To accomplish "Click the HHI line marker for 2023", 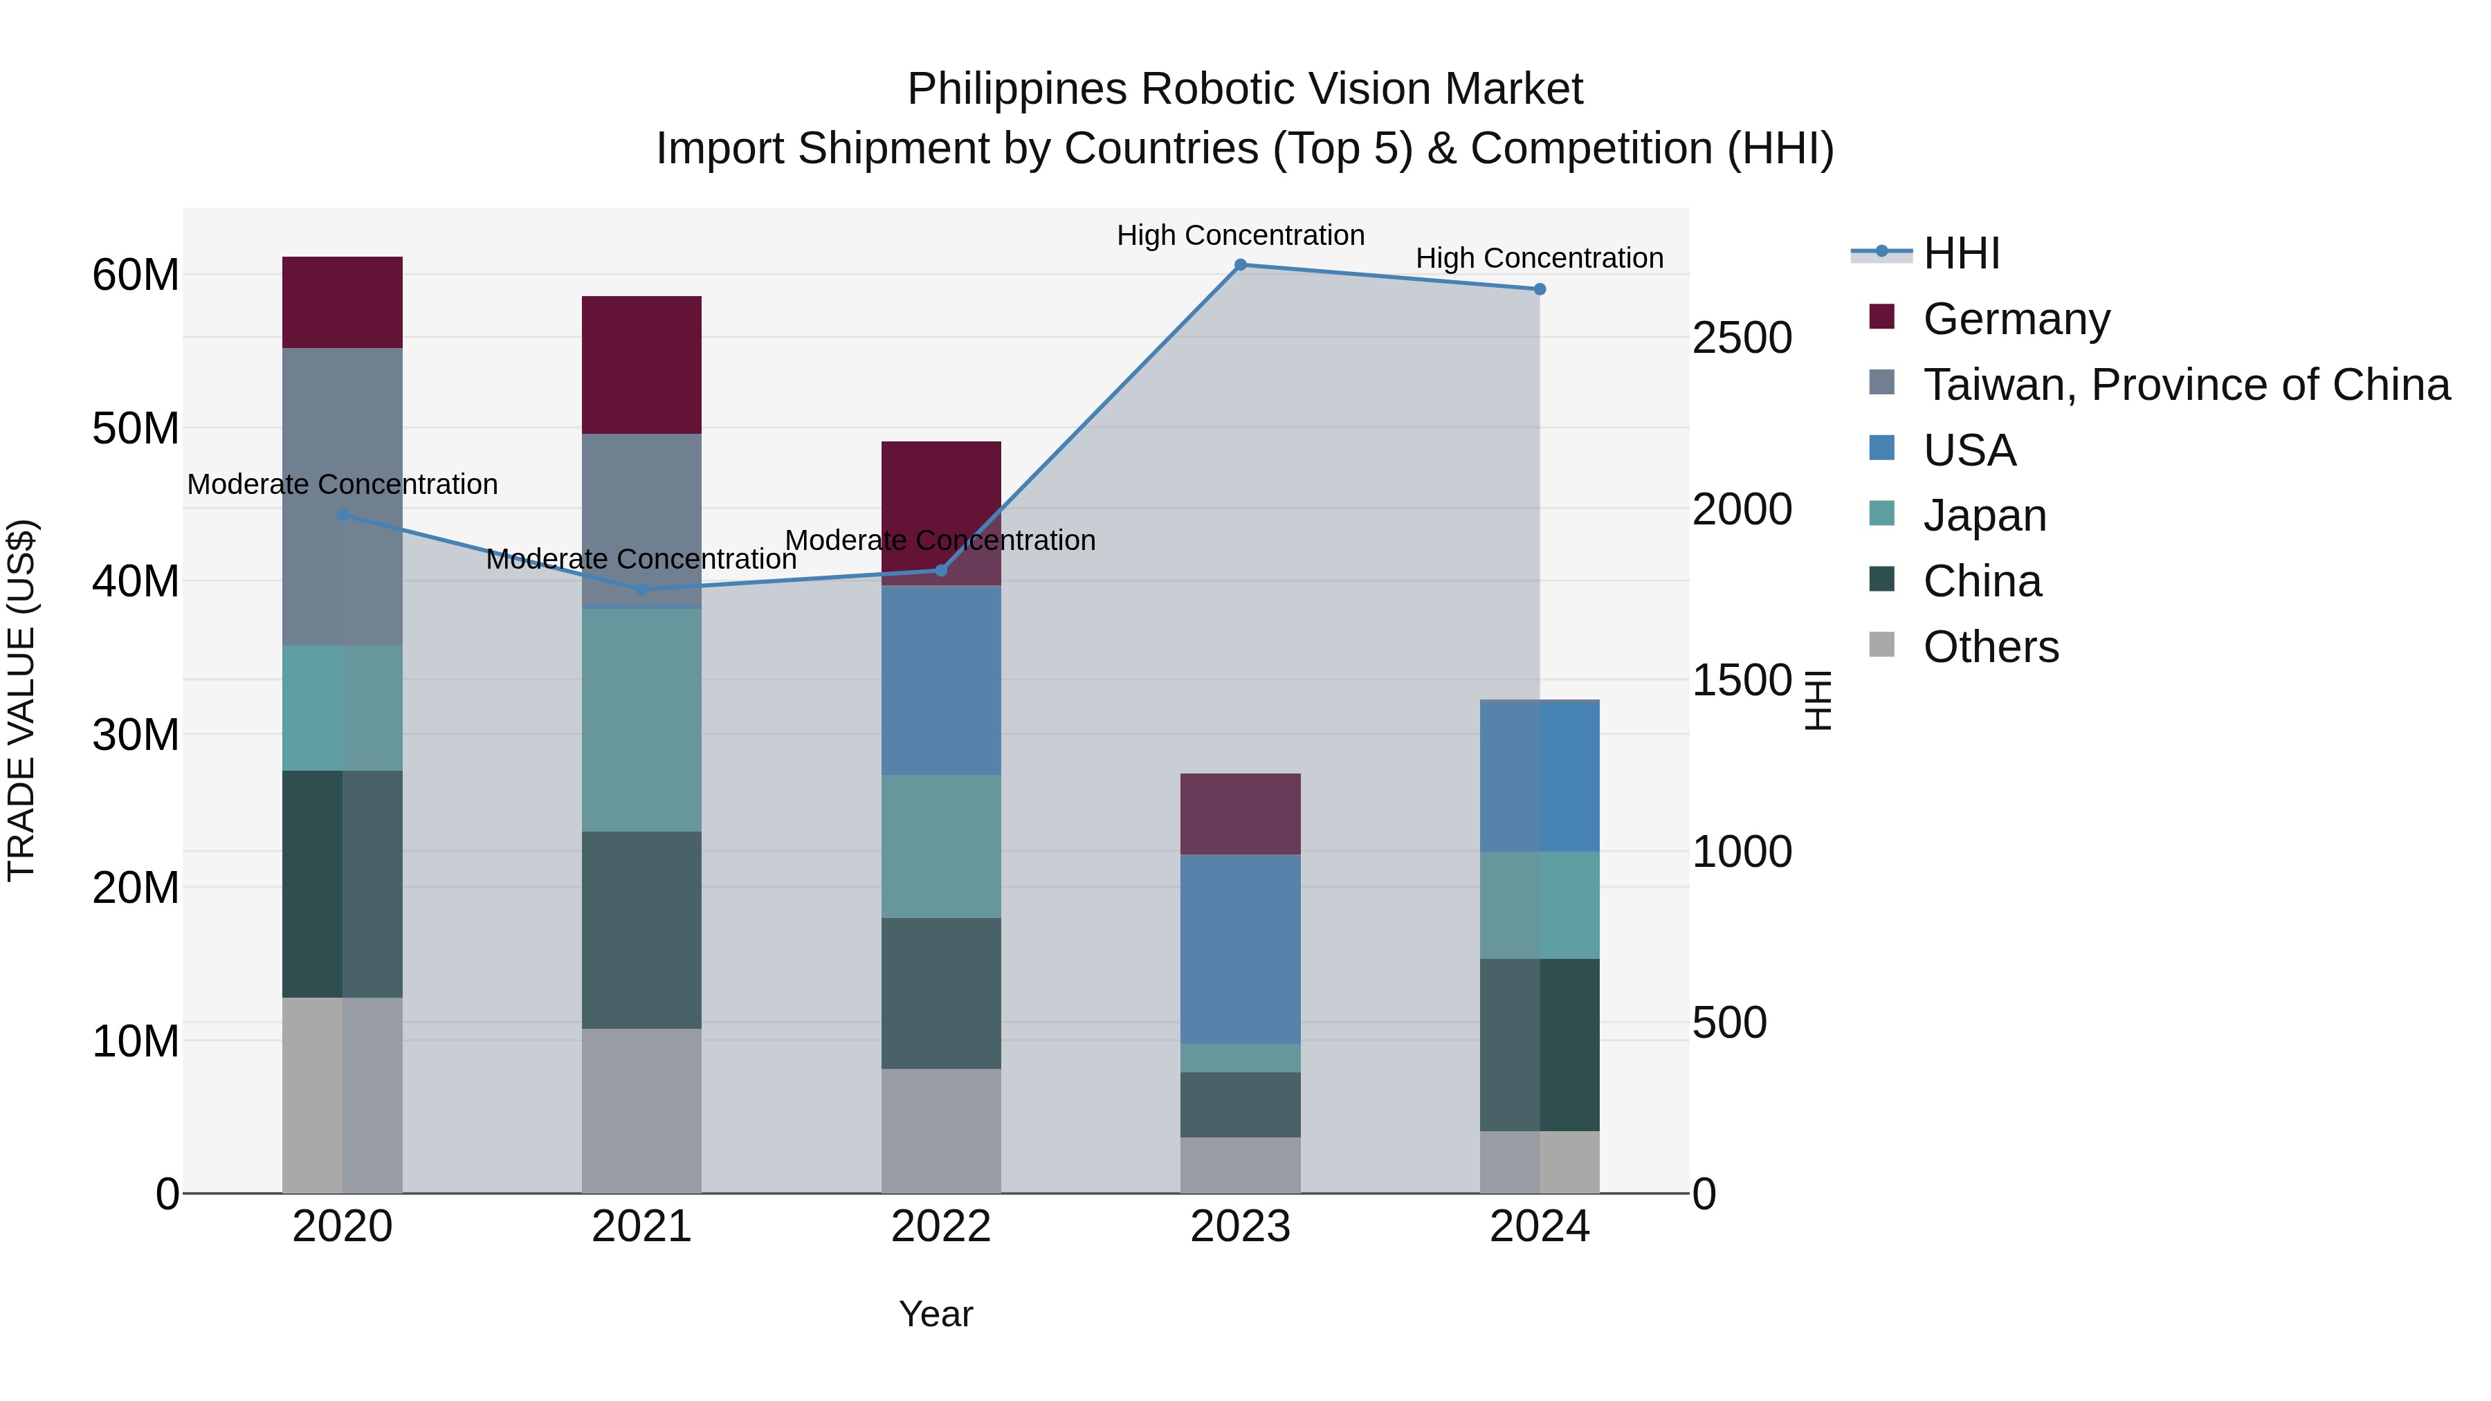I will [1240, 265].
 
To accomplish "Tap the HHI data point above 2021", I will [641, 589].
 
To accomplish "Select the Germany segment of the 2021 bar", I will [641, 365].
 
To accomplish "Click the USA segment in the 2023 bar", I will [1240, 949].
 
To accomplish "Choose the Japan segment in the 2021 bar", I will [641, 720].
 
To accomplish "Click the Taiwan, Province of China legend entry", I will [2185, 385].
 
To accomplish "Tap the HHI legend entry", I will [1960, 253].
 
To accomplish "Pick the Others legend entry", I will [1990, 647].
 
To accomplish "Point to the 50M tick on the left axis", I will [136, 428].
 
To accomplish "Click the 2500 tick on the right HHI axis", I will [1742, 338].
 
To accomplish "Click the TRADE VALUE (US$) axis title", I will [21, 700].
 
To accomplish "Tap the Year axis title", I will [935, 1314].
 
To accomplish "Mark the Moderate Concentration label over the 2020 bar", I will [343, 484].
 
